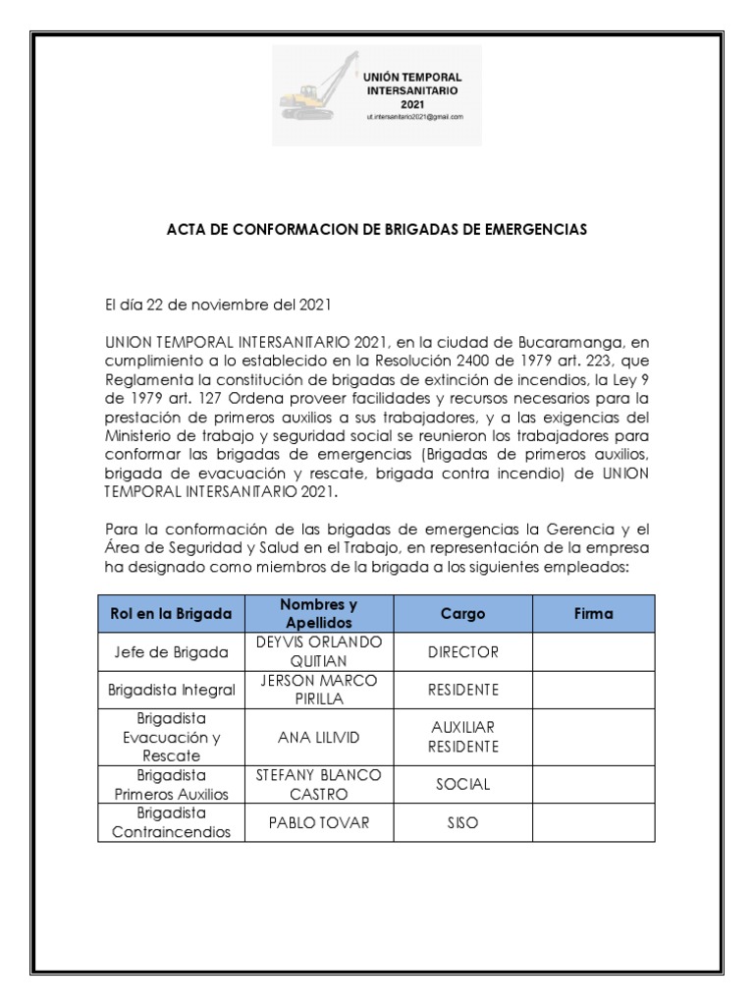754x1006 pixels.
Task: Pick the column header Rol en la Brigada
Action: point(171,613)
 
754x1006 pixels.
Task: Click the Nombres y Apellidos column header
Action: point(319,613)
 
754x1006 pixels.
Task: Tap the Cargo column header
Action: point(462,613)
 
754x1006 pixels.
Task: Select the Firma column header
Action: point(593,613)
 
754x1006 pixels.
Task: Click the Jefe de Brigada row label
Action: point(171,651)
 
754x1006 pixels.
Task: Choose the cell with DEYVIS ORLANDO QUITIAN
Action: point(319,651)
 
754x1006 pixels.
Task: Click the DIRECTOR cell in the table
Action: point(462,651)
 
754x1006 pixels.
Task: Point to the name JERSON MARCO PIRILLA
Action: point(319,689)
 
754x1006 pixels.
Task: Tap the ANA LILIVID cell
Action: point(319,737)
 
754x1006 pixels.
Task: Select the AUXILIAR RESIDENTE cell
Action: point(462,737)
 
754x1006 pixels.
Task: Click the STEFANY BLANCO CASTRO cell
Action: point(319,784)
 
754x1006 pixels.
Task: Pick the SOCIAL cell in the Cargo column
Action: point(462,784)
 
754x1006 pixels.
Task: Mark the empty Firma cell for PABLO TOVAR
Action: point(593,822)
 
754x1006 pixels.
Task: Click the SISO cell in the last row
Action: point(462,822)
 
